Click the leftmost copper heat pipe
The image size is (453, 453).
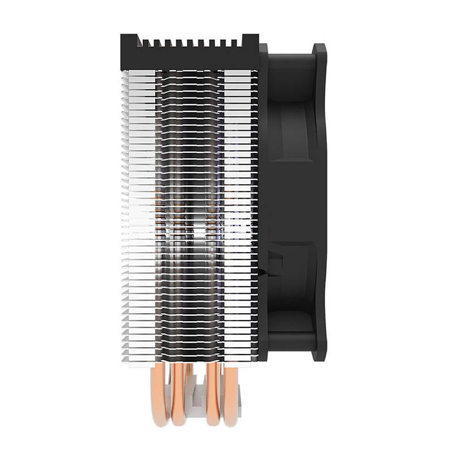161,396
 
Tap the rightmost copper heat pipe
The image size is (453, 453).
230,396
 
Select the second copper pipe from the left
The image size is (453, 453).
179,396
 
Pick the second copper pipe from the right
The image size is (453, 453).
213,396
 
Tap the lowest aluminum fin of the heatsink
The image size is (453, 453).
190,358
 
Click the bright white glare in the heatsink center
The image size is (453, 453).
195,226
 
